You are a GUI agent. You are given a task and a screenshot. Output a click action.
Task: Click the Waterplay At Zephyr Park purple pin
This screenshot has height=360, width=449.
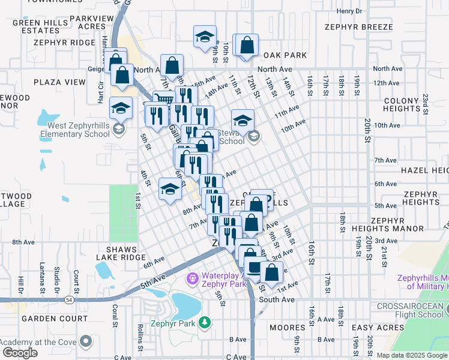point(192,278)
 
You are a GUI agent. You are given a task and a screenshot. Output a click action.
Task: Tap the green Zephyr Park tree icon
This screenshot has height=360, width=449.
point(205,323)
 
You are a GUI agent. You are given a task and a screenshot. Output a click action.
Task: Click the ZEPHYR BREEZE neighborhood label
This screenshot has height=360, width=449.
point(359,27)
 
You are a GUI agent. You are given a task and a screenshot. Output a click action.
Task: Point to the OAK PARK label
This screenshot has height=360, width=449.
point(285,55)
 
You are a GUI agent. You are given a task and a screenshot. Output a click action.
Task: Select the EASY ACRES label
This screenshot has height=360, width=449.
point(378,328)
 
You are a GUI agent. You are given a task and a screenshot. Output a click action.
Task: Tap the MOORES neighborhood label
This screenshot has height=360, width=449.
point(288,328)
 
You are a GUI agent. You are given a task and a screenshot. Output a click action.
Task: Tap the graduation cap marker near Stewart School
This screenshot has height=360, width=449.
point(243,119)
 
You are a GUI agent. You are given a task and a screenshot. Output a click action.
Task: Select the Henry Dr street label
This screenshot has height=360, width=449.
point(349,11)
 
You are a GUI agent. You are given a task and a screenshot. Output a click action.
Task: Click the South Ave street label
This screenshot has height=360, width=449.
point(277,299)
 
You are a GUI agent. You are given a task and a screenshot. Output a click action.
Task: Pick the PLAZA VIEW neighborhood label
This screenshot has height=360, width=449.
point(59,82)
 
